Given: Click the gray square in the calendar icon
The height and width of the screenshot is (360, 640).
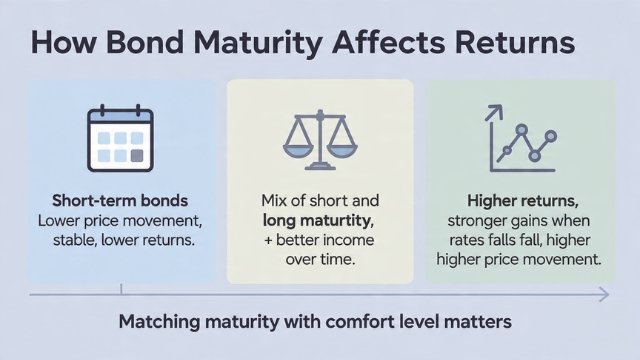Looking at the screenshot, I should [x=136, y=154].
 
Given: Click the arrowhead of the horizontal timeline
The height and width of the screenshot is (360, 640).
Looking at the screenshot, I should [x=603, y=294].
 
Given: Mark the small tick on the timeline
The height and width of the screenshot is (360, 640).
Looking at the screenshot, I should [x=121, y=290].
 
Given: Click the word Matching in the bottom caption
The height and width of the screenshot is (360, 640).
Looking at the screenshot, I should [x=159, y=323].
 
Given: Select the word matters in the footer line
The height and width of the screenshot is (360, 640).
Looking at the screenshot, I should [x=478, y=323].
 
